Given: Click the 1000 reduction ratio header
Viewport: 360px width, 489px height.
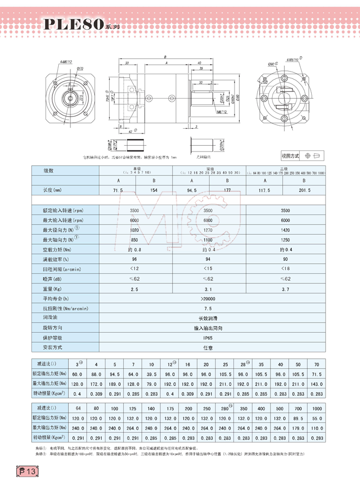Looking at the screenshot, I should tap(317, 410).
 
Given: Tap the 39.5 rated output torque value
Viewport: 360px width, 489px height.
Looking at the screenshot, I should tap(151, 374).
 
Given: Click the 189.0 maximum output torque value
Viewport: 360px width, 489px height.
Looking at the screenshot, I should tap(114, 383).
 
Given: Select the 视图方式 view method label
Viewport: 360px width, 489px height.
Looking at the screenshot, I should tap(291, 156).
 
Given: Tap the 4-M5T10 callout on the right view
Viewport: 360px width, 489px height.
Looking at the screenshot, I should tap(293, 60).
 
